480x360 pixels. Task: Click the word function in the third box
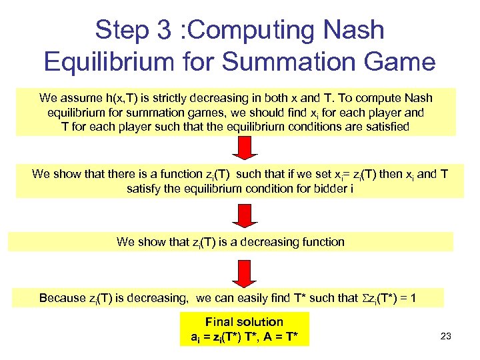pos(323,242)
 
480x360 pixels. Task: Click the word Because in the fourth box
pos(64,298)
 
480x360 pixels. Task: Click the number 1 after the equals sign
pos(414,298)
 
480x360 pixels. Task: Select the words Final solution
pos(244,322)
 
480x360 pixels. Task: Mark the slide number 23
pos(445,337)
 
